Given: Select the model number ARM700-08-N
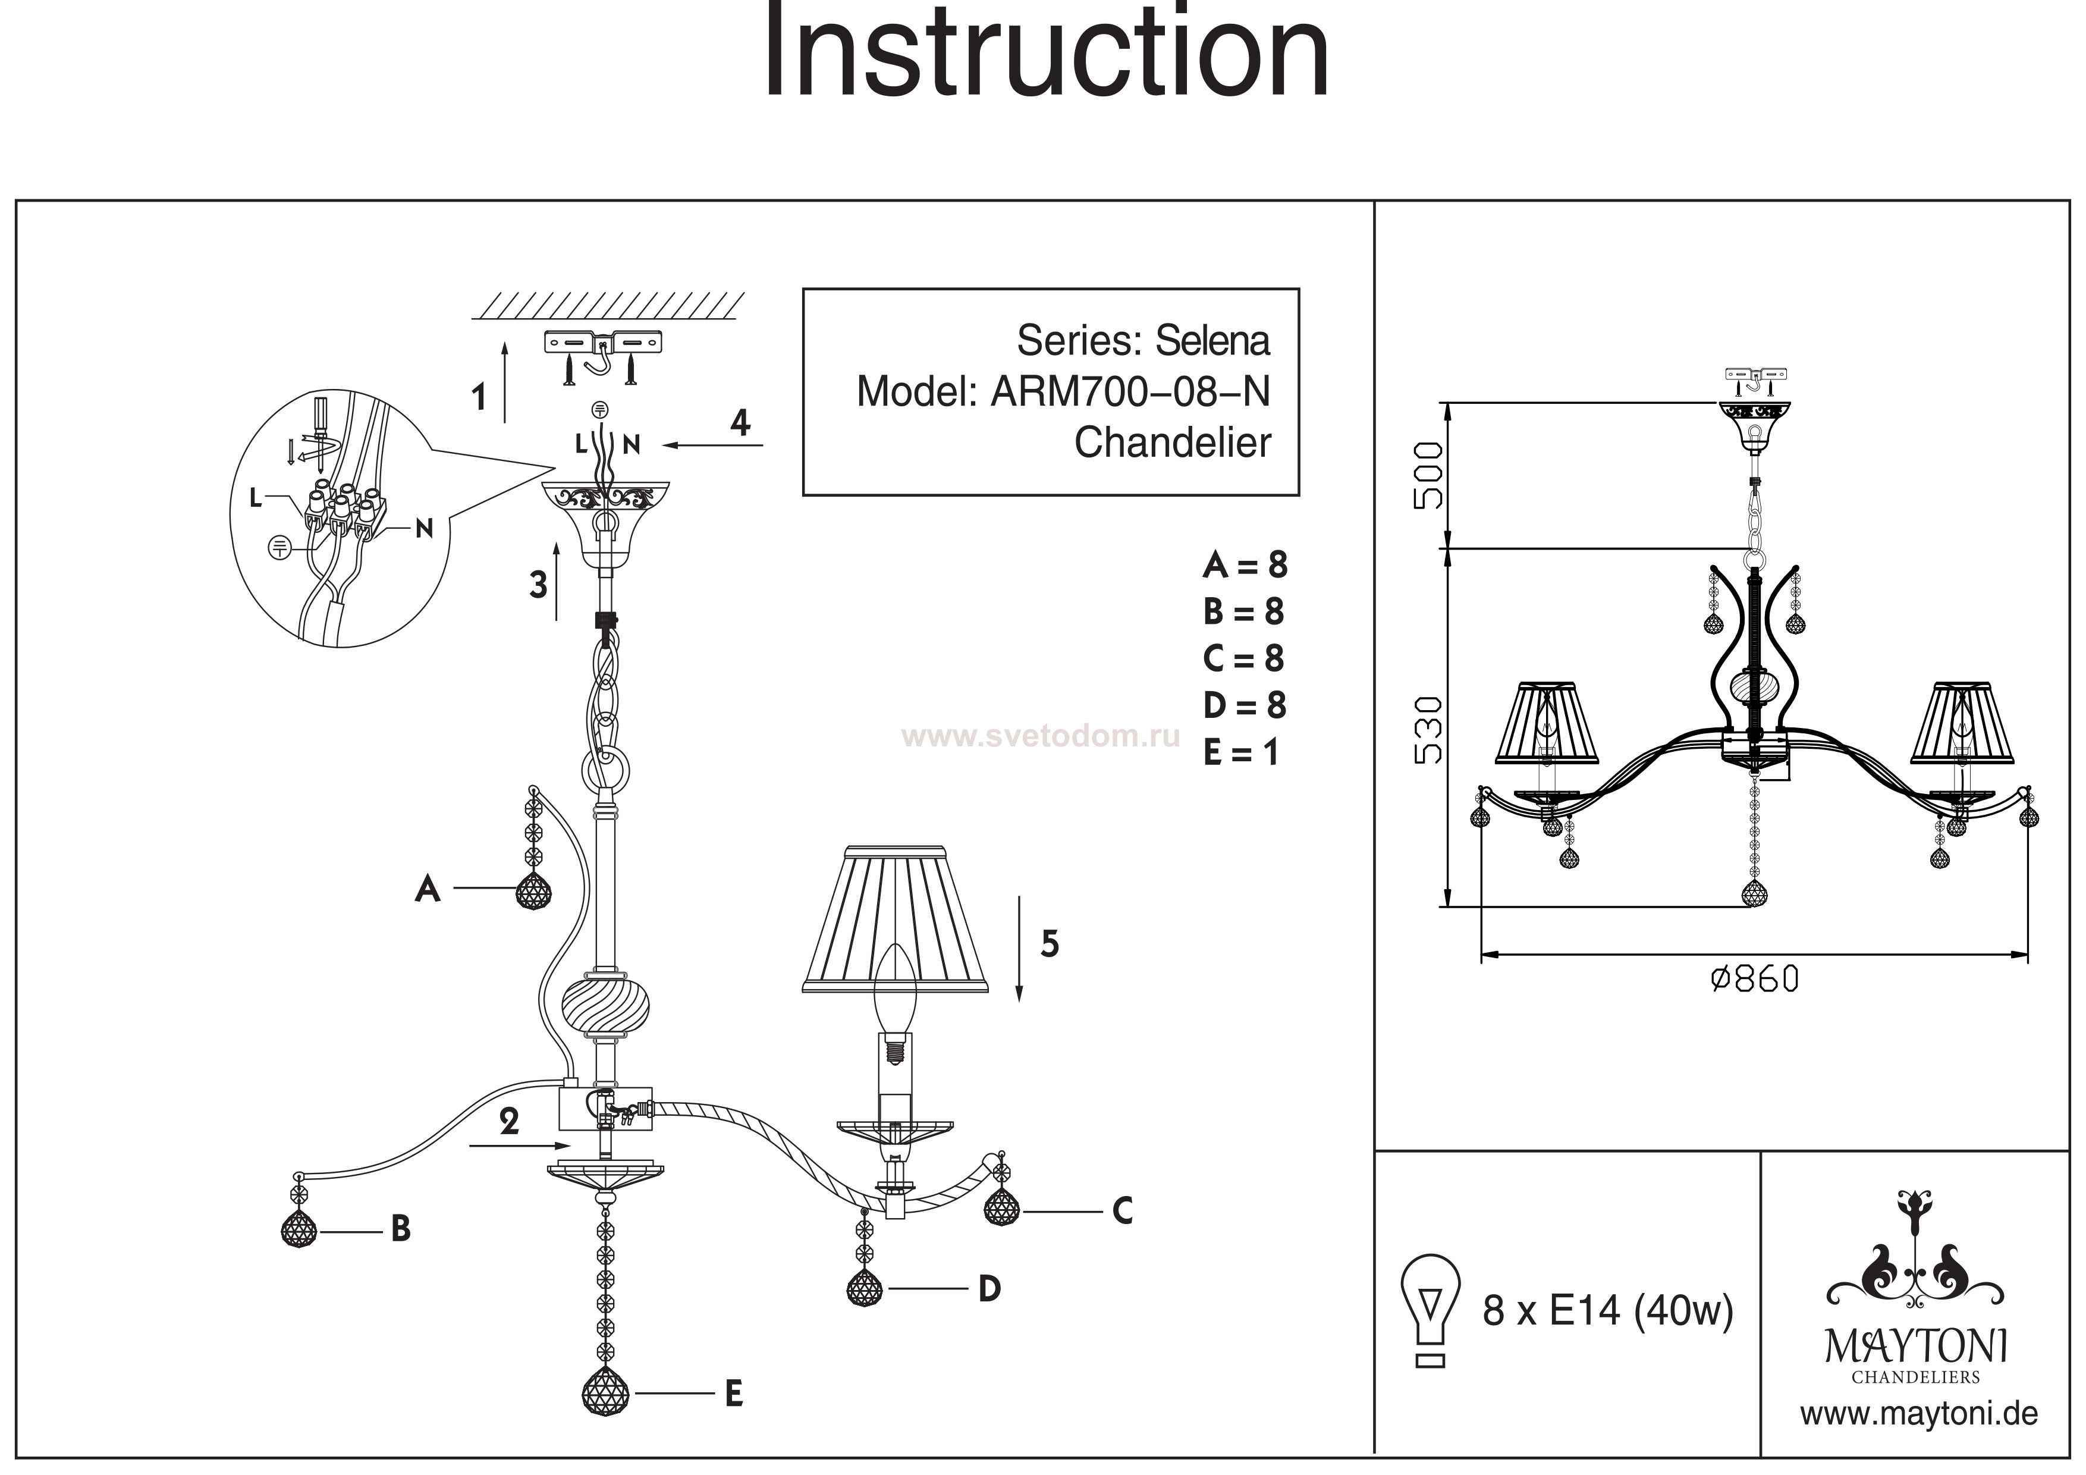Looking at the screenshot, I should (1130, 392).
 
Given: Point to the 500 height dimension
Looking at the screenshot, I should (1427, 475).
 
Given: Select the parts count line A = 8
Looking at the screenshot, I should (1245, 565).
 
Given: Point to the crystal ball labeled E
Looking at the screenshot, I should (605, 1392).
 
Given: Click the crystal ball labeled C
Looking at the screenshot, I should (1001, 1208).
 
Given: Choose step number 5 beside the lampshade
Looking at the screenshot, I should (1050, 945).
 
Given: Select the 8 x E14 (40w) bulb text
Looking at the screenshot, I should (1607, 1310).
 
